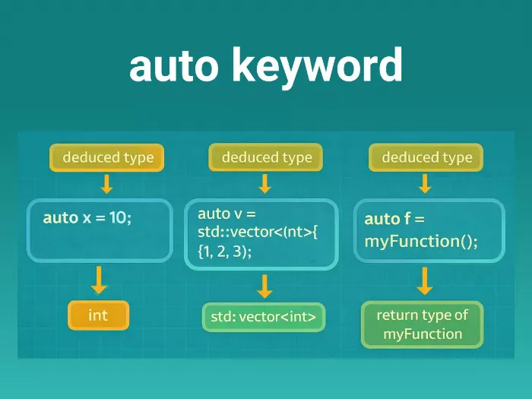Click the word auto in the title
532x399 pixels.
pos(174,65)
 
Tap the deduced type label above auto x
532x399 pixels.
pos(107,157)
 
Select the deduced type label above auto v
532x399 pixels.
pos(266,157)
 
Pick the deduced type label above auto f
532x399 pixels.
pos(426,157)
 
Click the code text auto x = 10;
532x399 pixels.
pos(87,217)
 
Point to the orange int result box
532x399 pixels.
pos(98,315)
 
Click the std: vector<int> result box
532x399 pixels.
pos(264,317)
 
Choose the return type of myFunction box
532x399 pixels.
pos(423,325)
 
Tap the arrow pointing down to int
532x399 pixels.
pos(99,280)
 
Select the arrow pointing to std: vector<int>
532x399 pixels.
pos(264,287)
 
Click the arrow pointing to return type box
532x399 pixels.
pos(425,281)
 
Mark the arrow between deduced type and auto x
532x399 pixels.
pos(107,184)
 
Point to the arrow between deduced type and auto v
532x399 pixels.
pos(264,184)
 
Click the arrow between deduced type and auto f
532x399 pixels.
pos(425,184)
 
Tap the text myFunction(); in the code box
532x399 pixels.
pos(421,242)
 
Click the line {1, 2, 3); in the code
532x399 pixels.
pos(225,252)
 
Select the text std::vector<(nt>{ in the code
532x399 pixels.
pos(258,233)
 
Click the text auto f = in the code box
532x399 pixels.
pos(394,219)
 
